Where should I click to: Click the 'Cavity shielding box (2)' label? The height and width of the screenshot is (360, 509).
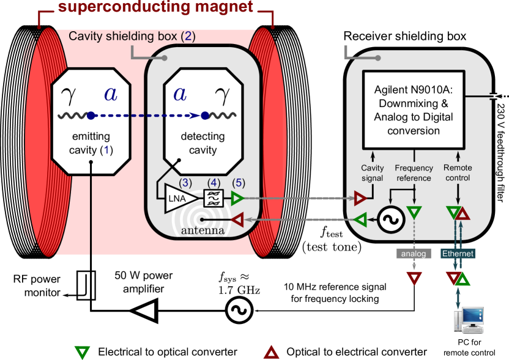(132, 37)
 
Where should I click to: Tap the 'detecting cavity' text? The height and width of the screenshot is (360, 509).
(202, 143)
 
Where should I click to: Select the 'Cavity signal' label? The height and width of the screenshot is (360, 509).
(373, 173)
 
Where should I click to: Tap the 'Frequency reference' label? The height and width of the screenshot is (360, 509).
(414, 173)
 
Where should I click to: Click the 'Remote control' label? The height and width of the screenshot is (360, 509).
(458, 173)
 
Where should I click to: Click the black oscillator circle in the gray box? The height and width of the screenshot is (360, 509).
(389, 219)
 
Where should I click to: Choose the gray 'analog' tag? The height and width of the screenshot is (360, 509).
(414, 253)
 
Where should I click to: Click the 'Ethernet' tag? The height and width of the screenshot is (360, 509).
(458, 253)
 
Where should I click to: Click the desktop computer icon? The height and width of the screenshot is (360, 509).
(469, 320)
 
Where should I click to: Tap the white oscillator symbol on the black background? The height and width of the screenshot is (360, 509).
(239, 310)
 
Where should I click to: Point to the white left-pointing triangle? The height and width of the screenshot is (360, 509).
(146, 310)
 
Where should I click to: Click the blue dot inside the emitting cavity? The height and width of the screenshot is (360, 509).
(91, 116)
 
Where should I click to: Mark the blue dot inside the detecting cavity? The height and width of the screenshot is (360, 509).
(205, 116)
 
